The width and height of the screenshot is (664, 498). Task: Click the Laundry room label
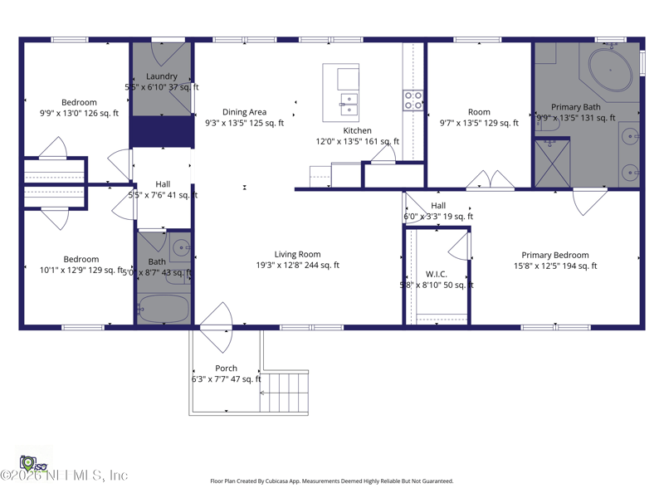click(162, 76)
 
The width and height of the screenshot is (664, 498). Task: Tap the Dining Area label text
click(244, 112)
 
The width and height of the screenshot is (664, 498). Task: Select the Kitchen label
click(357, 130)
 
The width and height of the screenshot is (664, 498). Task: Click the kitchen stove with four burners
click(413, 100)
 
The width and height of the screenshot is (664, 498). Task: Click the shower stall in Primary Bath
click(552, 163)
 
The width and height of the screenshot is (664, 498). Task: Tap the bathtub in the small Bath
click(163, 309)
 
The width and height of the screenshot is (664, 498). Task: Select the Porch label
click(226, 369)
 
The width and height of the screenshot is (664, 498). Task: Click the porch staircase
click(285, 392)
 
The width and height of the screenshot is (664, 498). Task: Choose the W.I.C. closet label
click(436, 274)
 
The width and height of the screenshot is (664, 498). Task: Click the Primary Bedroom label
click(555, 256)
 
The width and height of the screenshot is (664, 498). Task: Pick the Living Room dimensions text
click(297, 266)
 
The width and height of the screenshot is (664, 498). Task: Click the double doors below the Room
click(490, 180)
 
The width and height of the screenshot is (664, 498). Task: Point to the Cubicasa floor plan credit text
click(331, 481)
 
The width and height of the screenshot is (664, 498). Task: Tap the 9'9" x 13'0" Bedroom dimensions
click(79, 114)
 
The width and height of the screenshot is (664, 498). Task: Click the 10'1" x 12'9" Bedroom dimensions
click(81, 270)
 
